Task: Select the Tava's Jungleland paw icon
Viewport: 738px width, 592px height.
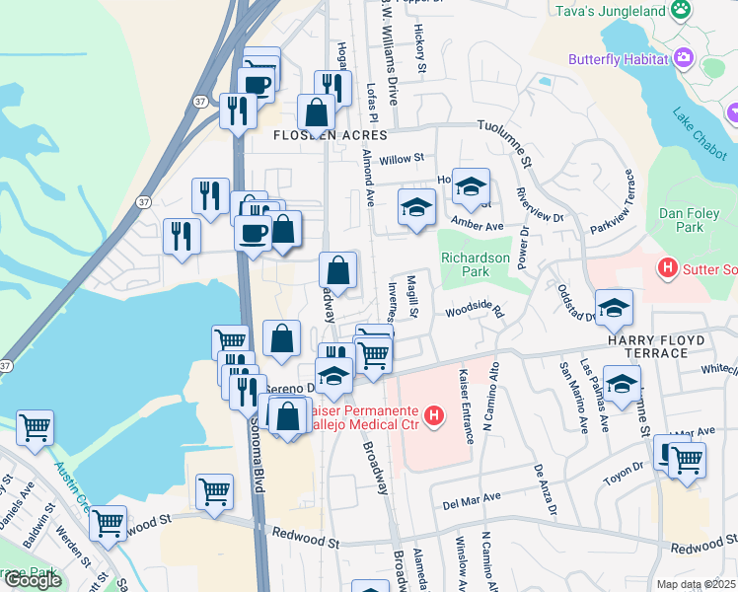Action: click(x=681, y=10)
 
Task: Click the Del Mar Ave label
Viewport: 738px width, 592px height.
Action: click(x=473, y=498)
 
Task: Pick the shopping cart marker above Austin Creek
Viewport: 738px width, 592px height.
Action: click(x=35, y=427)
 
